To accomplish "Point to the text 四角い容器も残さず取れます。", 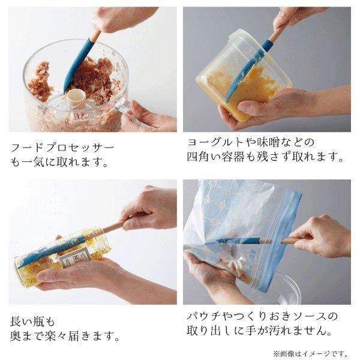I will pyautogui.click(x=265, y=158).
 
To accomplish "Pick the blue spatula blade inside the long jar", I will pyautogui.click(x=48, y=251).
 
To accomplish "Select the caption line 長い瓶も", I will pyautogui.click(x=36, y=321).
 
